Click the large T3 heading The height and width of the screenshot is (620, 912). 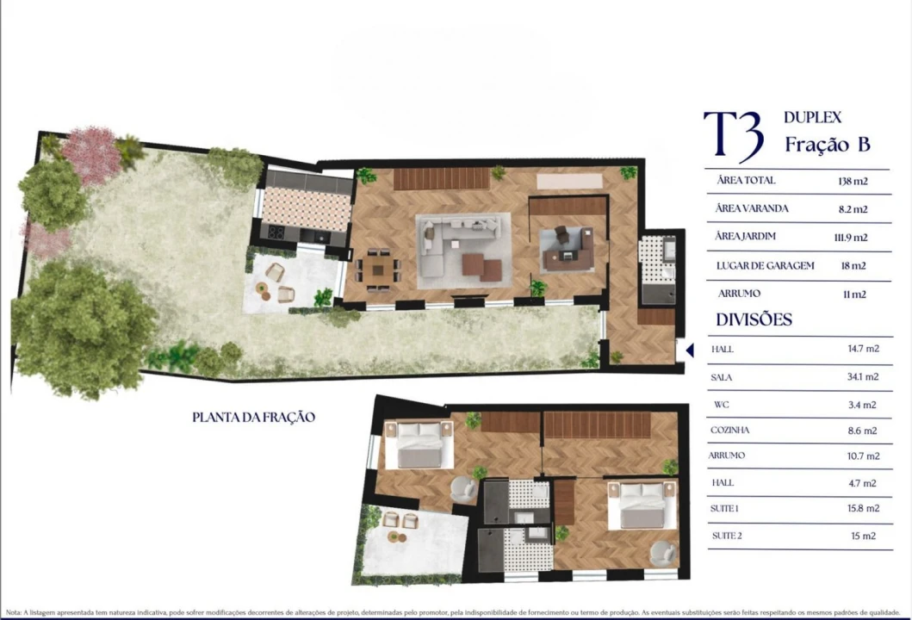[x=733, y=135]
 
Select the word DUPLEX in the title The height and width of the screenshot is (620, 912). [x=812, y=117]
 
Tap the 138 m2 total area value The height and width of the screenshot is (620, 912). [x=852, y=181]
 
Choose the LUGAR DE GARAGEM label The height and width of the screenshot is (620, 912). [x=765, y=266]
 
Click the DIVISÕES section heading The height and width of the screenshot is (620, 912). [x=754, y=319]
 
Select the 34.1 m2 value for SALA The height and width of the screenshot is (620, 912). [x=862, y=376]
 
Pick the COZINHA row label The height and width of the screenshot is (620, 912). [x=729, y=430]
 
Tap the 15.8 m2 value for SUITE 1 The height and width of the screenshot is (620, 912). [x=862, y=509]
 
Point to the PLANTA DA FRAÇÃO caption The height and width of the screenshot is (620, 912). [x=253, y=418]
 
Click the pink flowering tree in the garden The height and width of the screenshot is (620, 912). [x=91, y=155]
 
